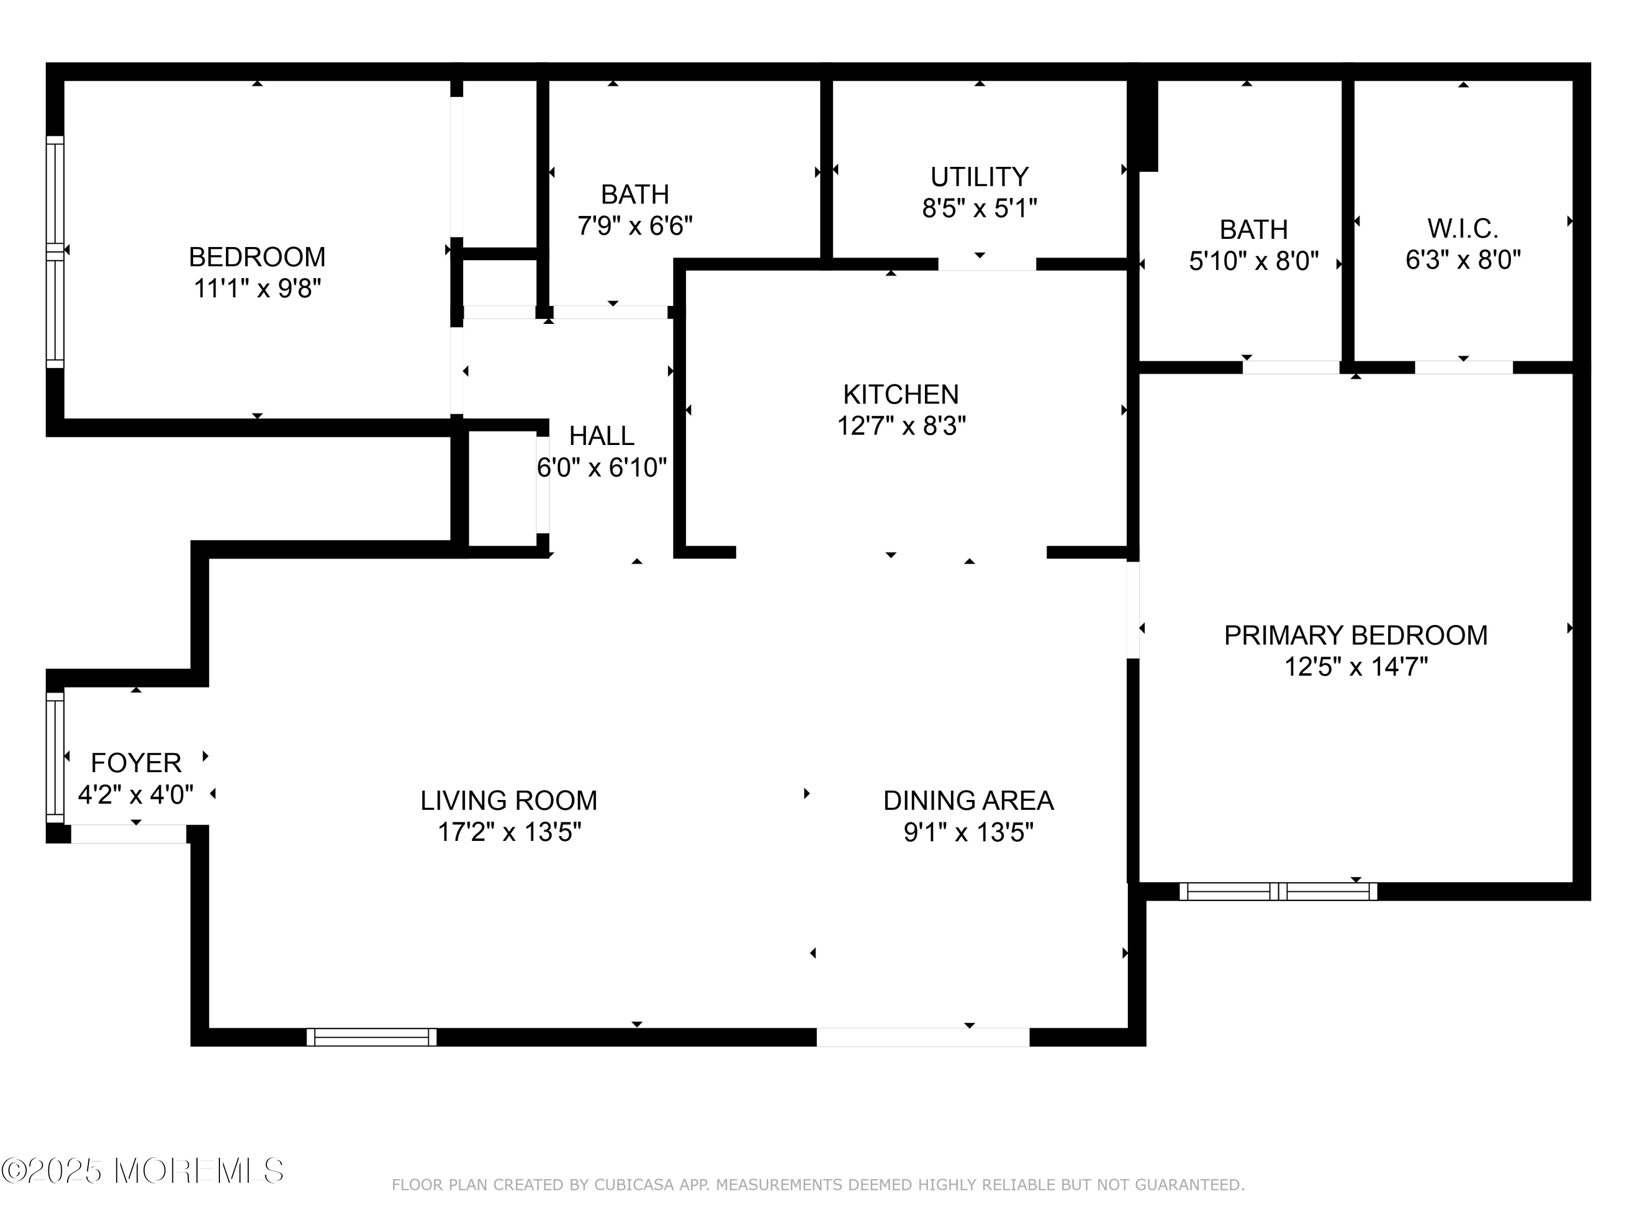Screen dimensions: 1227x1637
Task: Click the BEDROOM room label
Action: pos(257,257)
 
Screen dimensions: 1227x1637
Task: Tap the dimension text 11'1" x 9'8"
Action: pos(257,288)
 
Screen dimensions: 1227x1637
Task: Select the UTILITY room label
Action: pos(979,177)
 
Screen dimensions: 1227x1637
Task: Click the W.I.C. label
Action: pos(1462,228)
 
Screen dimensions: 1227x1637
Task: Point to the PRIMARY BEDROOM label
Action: pos(1355,635)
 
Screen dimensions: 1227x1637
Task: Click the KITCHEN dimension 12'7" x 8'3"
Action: pos(901,426)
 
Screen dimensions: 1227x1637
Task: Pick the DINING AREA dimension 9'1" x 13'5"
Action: pos(968,832)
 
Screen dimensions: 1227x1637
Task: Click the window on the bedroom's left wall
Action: pos(55,251)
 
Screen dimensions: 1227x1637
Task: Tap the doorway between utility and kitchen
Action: pos(987,264)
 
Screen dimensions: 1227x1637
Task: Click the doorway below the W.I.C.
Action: pos(1463,368)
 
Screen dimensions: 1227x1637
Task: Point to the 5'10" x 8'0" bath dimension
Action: pos(1253,261)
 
